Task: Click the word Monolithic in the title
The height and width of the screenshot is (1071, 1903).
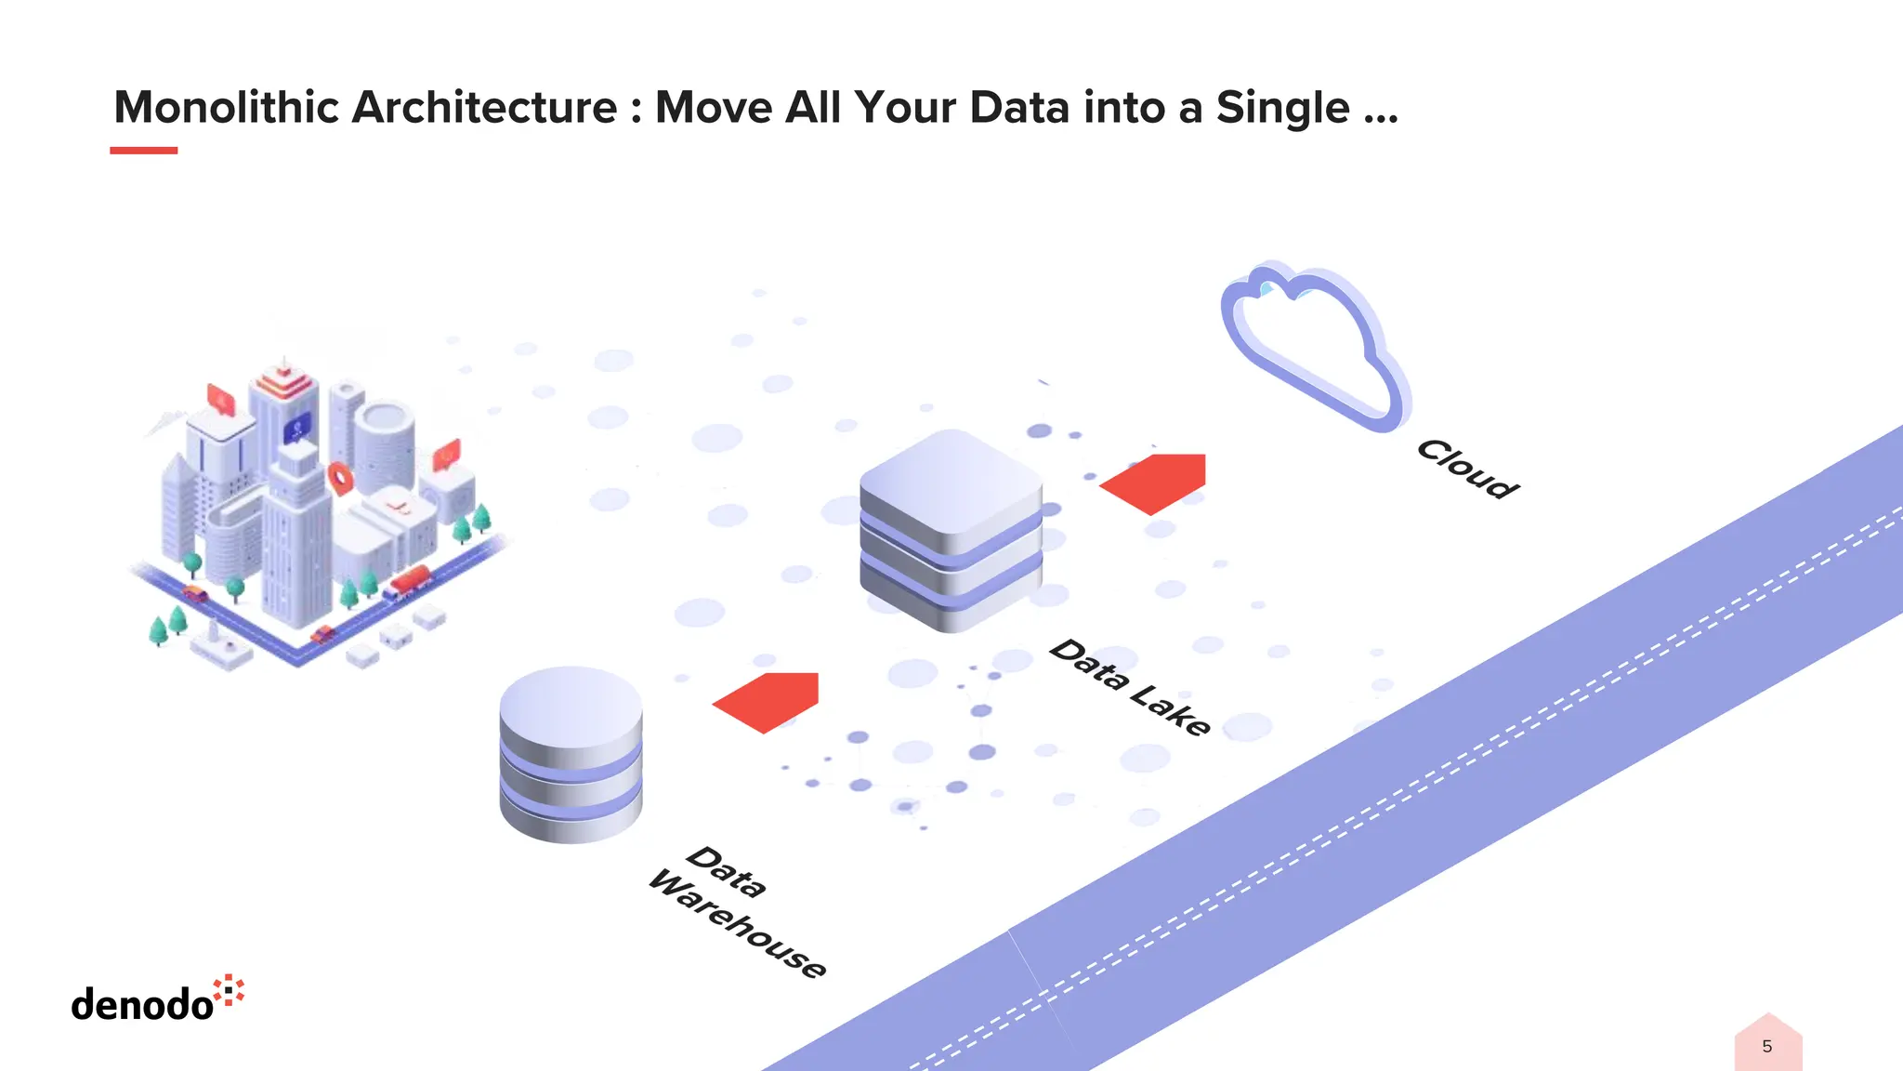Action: coord(227,108)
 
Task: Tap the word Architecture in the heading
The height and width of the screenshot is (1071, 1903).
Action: coord(484,108)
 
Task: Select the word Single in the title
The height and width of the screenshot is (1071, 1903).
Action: coord(1282,108)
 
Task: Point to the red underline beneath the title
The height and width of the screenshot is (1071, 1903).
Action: coord(143,150)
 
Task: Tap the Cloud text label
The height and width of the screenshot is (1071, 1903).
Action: coord(1467,469)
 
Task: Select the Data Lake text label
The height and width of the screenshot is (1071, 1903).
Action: coord(1130,687)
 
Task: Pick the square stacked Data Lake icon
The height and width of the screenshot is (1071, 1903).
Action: coord(951,530)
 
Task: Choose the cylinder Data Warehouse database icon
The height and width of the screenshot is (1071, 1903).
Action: coord(571,754)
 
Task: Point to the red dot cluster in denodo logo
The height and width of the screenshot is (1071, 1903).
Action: coord(229,990)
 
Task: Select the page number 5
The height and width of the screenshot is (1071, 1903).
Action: coord(1766,1047)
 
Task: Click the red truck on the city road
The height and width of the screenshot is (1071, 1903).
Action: coord(409,582)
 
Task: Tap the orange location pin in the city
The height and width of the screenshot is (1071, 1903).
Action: coord(341,478)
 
